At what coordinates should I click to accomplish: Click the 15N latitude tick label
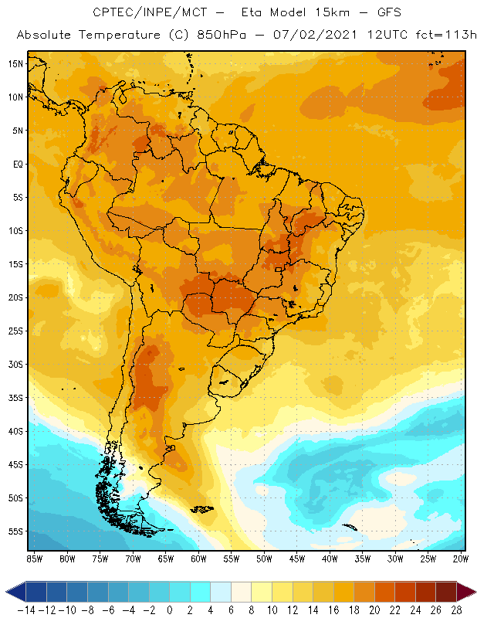click(x=15, y=63)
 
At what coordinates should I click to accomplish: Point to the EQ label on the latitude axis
click(x=16, y=164)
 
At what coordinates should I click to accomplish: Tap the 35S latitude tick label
click(x=15, y=398)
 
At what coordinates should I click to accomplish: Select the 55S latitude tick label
click(x=15, y=531)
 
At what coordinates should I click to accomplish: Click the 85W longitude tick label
click(x=34, y=559)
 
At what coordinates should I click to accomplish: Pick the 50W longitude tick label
click(x=265, y=559)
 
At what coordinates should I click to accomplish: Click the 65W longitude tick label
click(x=166, y=559)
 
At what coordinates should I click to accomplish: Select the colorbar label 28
click(x=457, y=610)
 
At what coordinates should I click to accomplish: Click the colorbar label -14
click(x=25, y=610)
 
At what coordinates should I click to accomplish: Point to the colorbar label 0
click(x=169, y=610)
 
